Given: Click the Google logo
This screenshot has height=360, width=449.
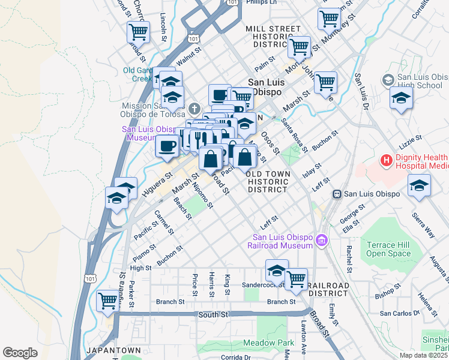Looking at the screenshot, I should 20,352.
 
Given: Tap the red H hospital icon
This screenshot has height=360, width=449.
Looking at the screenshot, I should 387,161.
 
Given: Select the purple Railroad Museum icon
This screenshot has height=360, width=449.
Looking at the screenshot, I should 322,241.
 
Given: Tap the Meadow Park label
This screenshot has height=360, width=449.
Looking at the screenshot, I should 268,343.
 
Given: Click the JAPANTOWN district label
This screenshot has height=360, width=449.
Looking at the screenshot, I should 113,350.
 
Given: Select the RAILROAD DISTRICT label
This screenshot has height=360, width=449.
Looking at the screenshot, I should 328,289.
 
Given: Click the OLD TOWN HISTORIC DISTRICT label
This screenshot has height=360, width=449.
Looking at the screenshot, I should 268,181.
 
